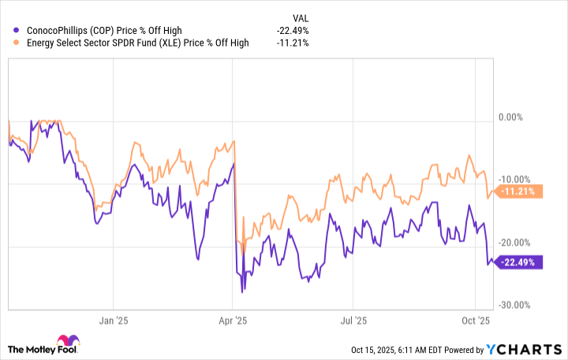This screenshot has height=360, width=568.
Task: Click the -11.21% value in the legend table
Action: pos(293,43)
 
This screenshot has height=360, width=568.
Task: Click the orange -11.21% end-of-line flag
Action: pos(521,191)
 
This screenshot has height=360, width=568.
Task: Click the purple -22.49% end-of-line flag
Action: pos(521,263)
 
